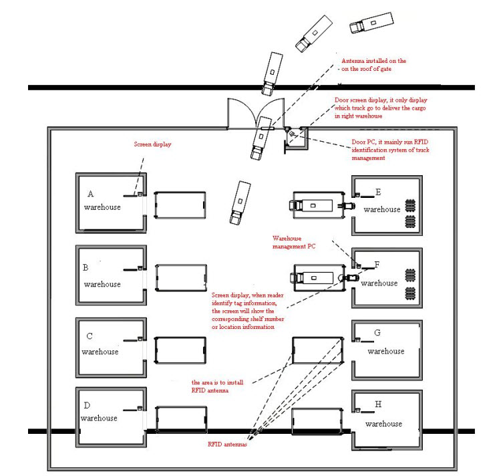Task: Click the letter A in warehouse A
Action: (x=91, y=194)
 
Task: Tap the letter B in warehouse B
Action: (x=86, y=268)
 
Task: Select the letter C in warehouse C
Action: (x=88, y=337)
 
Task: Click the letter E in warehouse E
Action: (x=378, y=193)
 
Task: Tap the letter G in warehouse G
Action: (x=377, y=333)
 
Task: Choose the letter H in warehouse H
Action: (x=378, y=404)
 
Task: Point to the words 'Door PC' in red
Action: (x=364, y=142)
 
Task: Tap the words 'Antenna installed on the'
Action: (x=373, y=61)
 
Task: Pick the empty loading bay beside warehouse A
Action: (x=180, y=204)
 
